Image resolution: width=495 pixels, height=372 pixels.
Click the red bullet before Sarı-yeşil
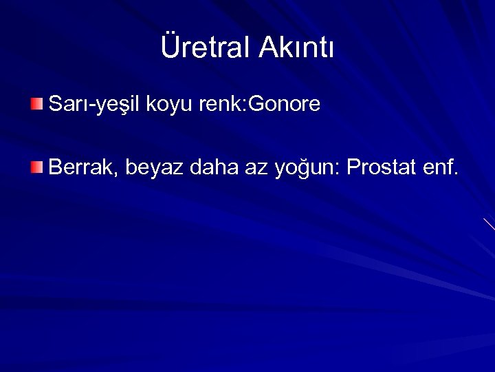click(36, 105)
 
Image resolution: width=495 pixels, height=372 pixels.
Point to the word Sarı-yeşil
click(93, 105)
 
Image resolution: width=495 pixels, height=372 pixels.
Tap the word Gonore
click(285, 105)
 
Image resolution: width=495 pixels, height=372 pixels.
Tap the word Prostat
click(378, 166)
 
